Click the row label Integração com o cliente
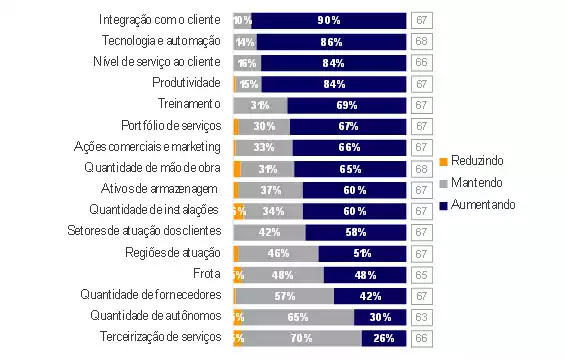[160, 19]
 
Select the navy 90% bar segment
[329, 19]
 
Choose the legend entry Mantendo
[477, 183]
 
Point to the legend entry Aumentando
[482, 204]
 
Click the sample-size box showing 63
[421, 316]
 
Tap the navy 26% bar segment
[384, 338]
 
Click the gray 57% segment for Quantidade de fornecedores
[285, 295]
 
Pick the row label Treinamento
[189, 104]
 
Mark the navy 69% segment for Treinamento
[347, 104]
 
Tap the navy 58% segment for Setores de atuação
[356, 232]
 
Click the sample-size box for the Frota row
[421, 274]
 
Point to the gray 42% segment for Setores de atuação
[269, 232]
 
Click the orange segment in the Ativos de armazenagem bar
[236, 189]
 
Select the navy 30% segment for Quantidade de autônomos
[380, 316]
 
